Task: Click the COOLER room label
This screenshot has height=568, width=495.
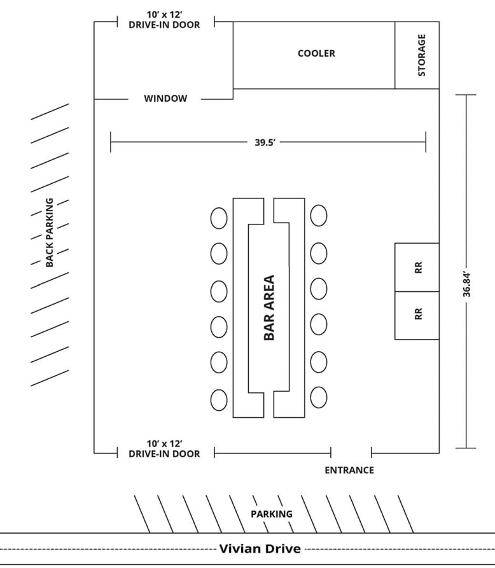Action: click(x=316, y=53)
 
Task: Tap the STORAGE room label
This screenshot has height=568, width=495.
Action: click(x=421, y=55)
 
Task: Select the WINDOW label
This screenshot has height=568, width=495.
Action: click(x=165, y=99)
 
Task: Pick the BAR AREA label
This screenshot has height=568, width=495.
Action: click(x=269, y=307)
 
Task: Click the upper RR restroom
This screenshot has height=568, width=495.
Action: click(x=417, y=267)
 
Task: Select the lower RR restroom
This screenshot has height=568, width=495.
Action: click(x=417, y=315)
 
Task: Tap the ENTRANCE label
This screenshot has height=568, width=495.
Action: click(x=349, y=470)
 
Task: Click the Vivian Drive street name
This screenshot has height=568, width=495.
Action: click(x=260, y=548)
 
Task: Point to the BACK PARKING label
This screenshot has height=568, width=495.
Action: click(x=50, y=232)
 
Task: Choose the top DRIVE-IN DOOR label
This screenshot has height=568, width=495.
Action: click(x=164, y=20)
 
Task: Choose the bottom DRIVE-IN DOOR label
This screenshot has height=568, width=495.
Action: click(x=164, y=448)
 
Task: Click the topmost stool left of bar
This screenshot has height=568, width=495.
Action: click(x=219, y=218)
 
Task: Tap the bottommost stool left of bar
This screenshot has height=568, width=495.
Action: click(x=219, y=400)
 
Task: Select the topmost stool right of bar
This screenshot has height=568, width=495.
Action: click(x=319, y=216)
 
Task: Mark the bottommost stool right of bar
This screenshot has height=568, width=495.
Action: click(x=319, y=398)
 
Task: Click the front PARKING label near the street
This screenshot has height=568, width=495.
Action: click(x=272, y=514)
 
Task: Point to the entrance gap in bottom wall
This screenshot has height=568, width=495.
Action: click(x=351, y=453)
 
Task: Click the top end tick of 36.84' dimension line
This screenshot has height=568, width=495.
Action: click(x=466, y=95)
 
